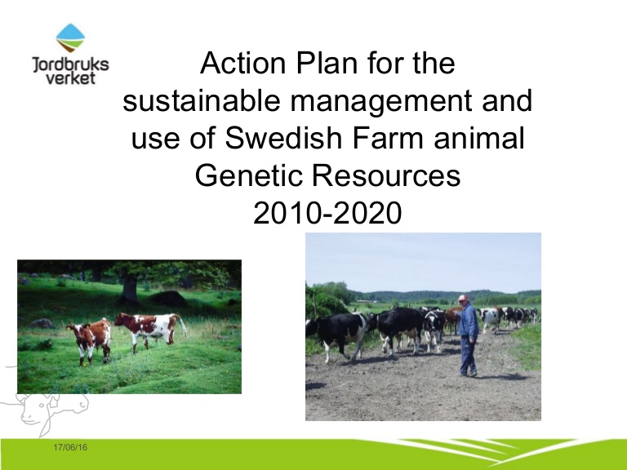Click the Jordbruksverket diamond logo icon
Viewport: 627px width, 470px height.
(x=70, y=38)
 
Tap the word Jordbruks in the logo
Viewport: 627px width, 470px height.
(x=70, y=64)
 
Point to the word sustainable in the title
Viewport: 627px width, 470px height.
(x=201, y=100)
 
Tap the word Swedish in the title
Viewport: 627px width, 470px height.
(x=283, y=137)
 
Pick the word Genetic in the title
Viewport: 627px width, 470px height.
(x=248, y=175)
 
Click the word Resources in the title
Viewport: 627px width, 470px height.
(x=386, y=175)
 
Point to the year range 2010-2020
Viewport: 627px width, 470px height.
(x=327, y=213)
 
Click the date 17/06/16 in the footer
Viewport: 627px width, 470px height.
(x=70, y=447)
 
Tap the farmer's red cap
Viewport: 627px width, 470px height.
(x=463, y=298)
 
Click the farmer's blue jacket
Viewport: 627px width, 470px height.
(x=469, y=321)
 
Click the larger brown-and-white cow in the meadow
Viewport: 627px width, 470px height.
(x=150, y=330)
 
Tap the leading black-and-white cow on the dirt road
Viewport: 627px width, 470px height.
(x=339, y=335)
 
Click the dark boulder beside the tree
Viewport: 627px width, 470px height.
(x=168, y=299)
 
